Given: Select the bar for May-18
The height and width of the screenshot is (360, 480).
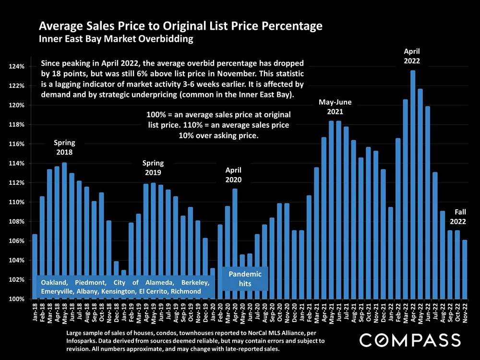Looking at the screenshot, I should tap(64, 230).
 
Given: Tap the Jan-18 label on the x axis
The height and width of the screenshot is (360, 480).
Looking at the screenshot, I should tap(35, 312).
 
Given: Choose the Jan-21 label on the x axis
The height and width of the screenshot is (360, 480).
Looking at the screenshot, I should tap(301, 312).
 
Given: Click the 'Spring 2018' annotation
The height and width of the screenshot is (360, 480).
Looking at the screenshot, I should tap(64, 147).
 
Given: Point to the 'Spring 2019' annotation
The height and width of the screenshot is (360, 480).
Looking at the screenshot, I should tap(153, 168).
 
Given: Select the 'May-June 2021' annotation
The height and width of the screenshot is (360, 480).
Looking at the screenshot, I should tap(335, 107).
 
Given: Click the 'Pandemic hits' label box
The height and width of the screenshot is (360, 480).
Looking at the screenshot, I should tap(245, 279).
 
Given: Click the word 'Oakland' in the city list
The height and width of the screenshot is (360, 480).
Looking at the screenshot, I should tap(54, 282).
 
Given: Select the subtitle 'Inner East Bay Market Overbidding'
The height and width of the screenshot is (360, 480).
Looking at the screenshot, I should tap(116, 39).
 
